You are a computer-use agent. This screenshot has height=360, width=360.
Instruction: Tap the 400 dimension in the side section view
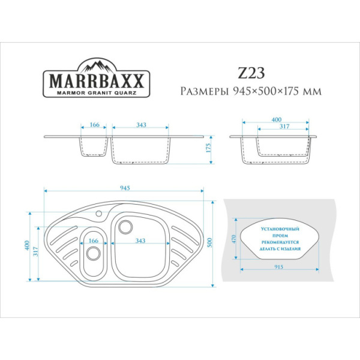(x=276, y=120)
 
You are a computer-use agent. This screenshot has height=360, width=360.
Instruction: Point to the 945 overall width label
(x=125, y=188)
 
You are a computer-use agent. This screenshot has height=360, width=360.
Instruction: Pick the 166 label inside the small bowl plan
(x=93, y=241)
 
